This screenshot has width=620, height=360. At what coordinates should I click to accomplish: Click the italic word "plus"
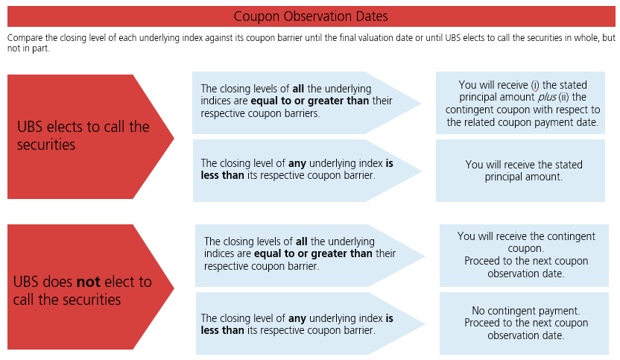point(547,98)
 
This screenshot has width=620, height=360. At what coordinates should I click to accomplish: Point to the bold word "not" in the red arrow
point(88,282)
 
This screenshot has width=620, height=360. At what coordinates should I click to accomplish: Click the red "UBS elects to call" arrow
point(91,137)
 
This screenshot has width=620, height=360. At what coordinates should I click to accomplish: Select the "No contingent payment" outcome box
point(524,323)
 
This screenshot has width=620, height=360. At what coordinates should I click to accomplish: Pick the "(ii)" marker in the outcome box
point(564,98)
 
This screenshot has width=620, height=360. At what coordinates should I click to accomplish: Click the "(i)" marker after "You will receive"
point(535,85)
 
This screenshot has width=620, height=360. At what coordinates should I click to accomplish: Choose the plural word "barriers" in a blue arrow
point(300,113)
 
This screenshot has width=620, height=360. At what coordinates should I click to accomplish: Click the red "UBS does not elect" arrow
point(91,287)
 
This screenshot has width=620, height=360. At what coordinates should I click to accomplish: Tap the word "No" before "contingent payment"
point(478,311)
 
